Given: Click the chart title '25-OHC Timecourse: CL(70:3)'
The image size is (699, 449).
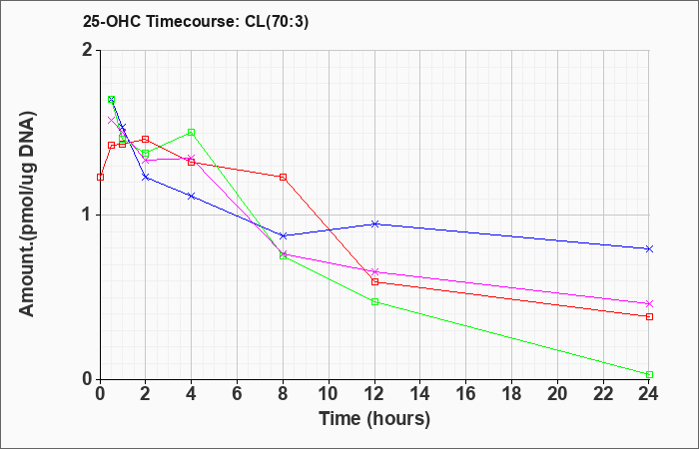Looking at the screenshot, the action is (x=196, y=22).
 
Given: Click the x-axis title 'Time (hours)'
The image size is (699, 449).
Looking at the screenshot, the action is (x=374, y=419).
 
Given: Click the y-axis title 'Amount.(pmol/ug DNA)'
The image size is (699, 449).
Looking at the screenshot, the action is (x=27, y=215).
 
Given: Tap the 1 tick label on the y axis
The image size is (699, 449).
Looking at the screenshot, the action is (x=89, y=216).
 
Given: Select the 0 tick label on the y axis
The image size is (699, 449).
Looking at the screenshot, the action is (x=88, y=379).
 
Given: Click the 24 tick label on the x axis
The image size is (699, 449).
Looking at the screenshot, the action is (x=649, y=394).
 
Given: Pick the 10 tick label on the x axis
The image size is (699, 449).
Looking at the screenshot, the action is (x=329, y=394).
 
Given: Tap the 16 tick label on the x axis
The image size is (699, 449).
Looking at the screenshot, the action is (x=466, y=394).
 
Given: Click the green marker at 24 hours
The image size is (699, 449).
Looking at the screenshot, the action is (x=649, y=374).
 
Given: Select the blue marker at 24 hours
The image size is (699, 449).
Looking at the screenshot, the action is (x=649, y=249).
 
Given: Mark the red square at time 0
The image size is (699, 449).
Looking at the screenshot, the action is (x=100, y=177).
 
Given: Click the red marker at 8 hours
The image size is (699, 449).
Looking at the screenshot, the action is (x=283, y=177).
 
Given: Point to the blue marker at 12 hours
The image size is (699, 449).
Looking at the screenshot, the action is (x=374, y=224).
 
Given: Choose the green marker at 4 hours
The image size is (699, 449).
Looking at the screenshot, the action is (x=192, y=133).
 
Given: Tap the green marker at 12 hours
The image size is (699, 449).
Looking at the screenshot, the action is (x=374, y=302).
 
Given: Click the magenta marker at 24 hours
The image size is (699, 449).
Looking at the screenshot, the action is (x=649, y=303).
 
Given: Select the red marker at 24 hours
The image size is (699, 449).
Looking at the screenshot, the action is (x=649, y=316).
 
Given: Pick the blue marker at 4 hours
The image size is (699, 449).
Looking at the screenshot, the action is (x=192, y=196).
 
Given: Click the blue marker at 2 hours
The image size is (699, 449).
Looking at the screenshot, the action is (x=146, y=177).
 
